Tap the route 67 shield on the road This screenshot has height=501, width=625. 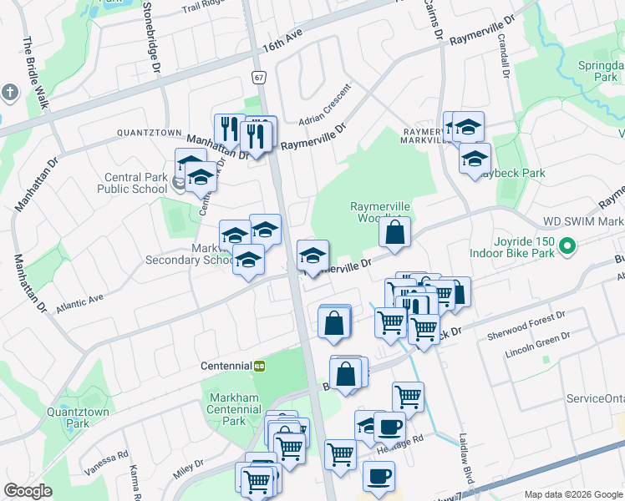click(x=260, y=77)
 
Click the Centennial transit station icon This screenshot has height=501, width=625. click(x=260, y=366)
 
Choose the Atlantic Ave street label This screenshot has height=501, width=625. click(x=79, y=302)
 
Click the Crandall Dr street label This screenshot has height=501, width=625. click(x=505, y=55)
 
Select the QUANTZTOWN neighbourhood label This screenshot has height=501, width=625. click(x=149, y=133)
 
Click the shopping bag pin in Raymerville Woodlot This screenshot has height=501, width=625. click(x=394, y=232)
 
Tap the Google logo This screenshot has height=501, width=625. click(x=28, y=490)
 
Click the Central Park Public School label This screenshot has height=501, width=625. click(x=135, y=183)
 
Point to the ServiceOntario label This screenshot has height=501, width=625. click(x=594, y=398)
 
